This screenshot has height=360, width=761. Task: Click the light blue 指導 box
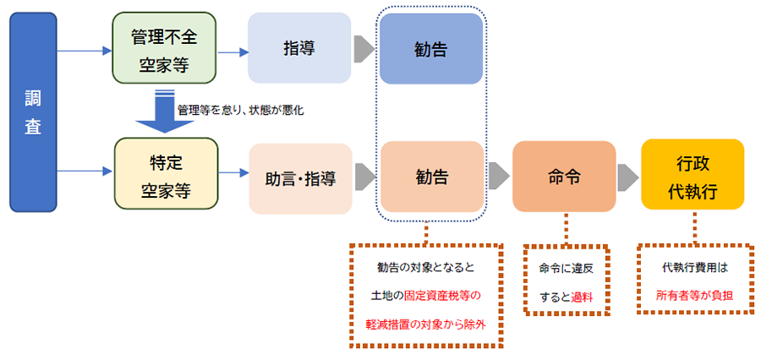tap(298, 48)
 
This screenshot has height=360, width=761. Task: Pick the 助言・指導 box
tap(300, 178)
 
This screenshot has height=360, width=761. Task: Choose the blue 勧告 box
tap(431, 48)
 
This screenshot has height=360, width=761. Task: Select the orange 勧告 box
tap(431, 177)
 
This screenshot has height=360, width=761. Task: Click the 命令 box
tap(564, 177)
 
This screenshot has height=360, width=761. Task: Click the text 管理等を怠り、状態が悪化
tap(240, 111)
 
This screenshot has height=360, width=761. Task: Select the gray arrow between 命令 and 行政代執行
tap(627, 177)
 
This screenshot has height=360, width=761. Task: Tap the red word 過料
tap(583, 297)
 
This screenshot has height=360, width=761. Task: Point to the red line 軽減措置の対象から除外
tap(427, 325)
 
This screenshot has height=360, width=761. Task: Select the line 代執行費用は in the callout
tap(693, 268)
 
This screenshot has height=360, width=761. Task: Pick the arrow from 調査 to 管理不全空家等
tap(85, 51)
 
